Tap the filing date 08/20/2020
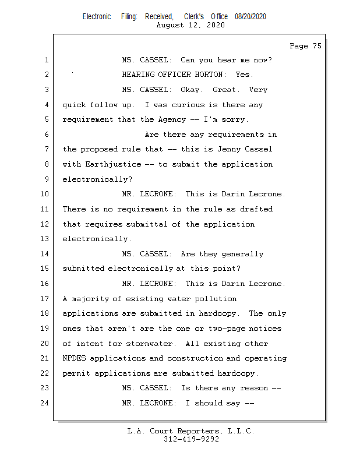click(x=250, y=17)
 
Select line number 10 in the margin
click(x=45, y=194)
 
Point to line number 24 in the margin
click(x=45, y=403)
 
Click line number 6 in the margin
click(x=47, y=135)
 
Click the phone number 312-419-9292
click(x=190, y=439)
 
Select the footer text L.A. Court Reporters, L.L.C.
click(x=190, y=431)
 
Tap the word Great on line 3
click(x=226, y=90)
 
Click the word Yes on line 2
click(x=244, y=75)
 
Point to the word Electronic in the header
click(x=97, y=17)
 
